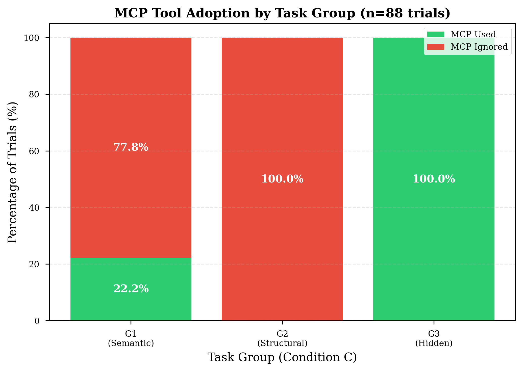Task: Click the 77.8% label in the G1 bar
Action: pos(131,147)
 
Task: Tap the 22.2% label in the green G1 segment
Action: pos(131,289)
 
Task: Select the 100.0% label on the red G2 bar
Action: pos(282,179)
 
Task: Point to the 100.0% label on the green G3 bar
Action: pos(434,179)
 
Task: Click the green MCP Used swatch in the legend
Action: pos(435,34)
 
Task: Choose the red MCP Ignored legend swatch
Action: pos(435,47)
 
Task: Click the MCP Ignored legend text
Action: pos(479,47)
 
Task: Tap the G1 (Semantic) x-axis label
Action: pos(131,339)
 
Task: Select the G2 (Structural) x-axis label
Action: pos(282,339)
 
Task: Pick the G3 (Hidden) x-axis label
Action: pos(434,339)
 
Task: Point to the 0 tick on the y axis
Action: pos(37,321)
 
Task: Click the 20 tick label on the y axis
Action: pos(35,264)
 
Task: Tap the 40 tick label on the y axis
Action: pos(35,208)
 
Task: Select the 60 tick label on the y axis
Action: pos(35,151)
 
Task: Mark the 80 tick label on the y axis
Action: pos(35,94)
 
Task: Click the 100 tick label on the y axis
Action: pos(32,38)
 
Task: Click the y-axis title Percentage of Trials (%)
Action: pos(13,172)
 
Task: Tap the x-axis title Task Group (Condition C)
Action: pos(282,358)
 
